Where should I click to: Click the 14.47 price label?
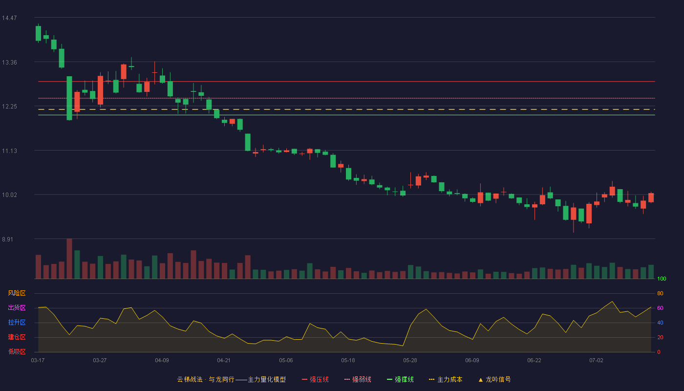[x=9, y=18]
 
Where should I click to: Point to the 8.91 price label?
[x=8, y=239]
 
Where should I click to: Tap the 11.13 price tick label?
[x=9, y=151]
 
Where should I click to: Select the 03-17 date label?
[x=38, y=361]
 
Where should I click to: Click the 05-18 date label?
[x=348, y=361]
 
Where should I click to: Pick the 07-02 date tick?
[x=597, y=361]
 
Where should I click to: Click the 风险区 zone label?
[x=17, y=293]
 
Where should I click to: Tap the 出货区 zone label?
[x=17, y=307]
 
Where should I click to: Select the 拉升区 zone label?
[x=17, y=322]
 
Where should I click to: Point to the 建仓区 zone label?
[x=17, y=337]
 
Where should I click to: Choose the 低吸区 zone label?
[x=17, y=351]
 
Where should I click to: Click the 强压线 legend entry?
[x=315, y=379]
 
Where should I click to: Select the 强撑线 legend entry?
[x=400, y=379]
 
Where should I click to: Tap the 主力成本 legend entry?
[x=446, y=379]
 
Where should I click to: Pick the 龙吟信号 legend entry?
[x=494, y=379]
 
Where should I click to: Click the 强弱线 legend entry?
[x=358, y=379]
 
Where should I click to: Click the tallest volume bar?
[x=69, y=259]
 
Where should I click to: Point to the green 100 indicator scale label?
[x=662, y=279]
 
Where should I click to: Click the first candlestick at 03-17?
[x=38, y=33]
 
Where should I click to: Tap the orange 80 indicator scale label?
[x=660, y=293]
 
